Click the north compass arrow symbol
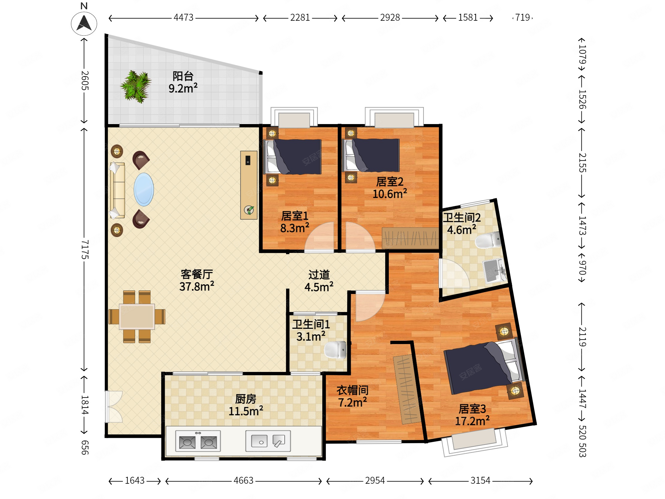(84, 23)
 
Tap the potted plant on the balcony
(136, 87)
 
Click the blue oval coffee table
(144, 189)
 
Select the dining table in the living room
(137, 316)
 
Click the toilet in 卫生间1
(335, 350)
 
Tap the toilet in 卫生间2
(488, 240)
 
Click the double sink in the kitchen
(268, 441)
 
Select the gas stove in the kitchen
(198, 441)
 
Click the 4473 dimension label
(183, 18)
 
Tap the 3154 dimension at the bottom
(480, 481)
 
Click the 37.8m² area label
(197, 286)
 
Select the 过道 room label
(319, 275)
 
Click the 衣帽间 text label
(352, 390)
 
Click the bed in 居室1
(293, 157)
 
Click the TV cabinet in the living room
(249, 185)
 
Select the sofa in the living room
(117, 190)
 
